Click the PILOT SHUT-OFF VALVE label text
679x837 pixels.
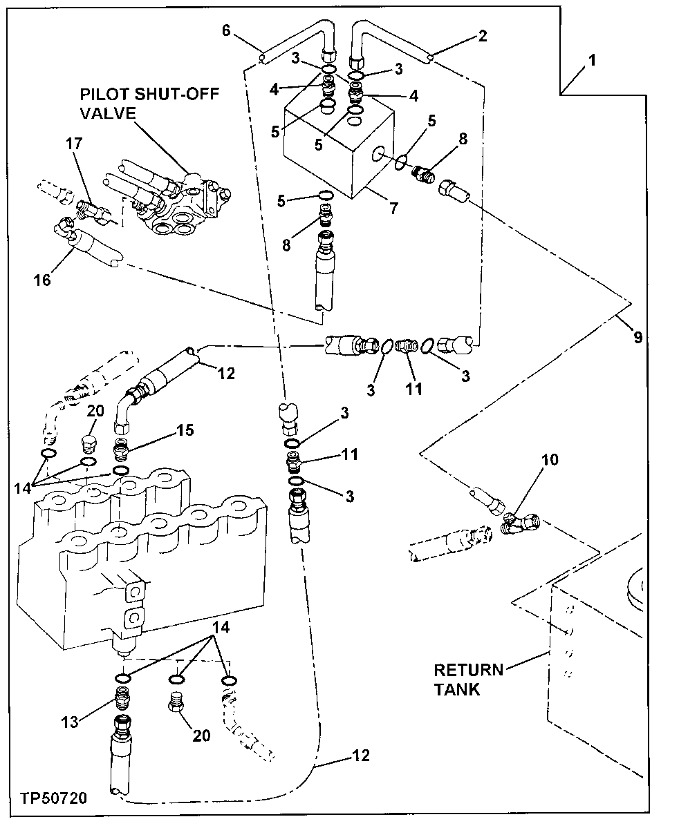click(149, 103)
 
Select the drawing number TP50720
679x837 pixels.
click(53, 799)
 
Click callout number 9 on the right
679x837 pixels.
click(637, 337)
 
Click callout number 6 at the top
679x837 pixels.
click(225, 30)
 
